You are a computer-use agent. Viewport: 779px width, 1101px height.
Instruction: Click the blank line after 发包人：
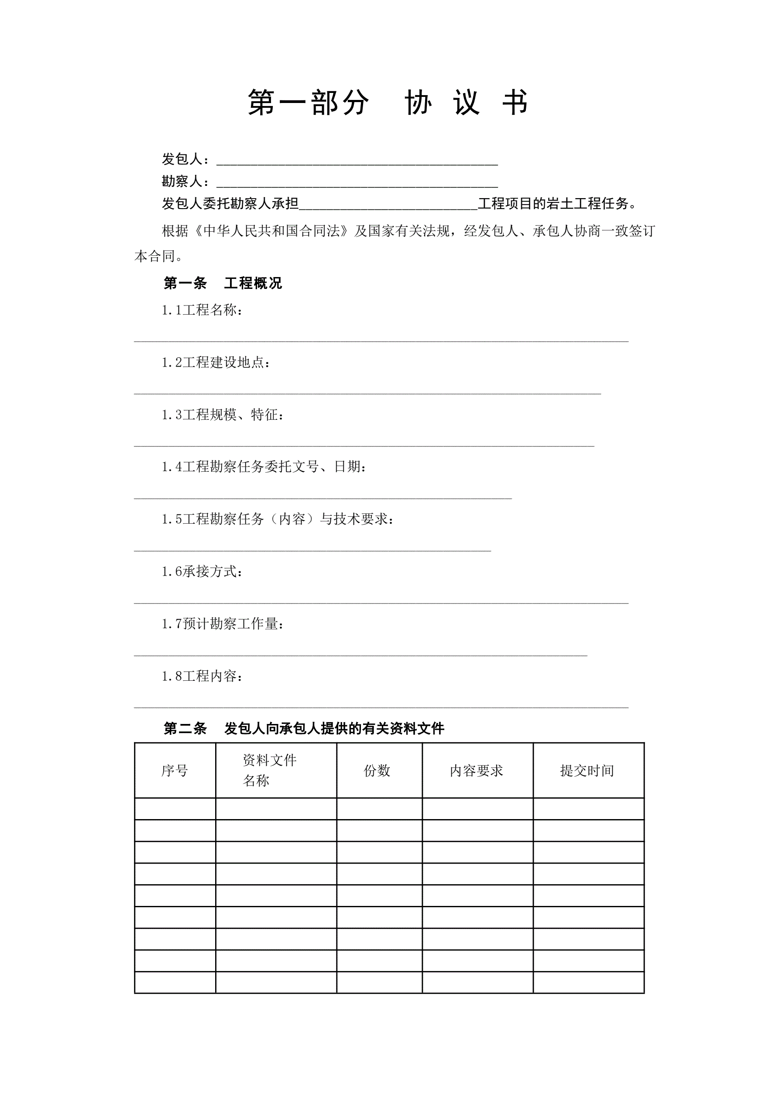click(357, 161)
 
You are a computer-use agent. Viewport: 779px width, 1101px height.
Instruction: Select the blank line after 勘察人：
click(357, 183)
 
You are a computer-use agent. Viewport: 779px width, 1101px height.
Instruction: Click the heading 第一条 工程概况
click(223, 283)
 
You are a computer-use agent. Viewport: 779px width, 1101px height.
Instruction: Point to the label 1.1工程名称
click(202, 310)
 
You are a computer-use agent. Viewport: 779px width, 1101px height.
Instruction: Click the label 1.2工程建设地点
click(216, 363)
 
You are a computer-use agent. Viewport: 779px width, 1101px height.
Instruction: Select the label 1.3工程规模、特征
click(223, 415)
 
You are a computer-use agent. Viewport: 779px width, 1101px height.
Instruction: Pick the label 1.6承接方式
click(202, 572)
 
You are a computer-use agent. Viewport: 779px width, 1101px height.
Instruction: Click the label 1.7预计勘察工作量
click(223, 624)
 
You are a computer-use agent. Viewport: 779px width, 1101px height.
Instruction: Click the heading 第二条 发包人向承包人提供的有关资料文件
click(304, 729)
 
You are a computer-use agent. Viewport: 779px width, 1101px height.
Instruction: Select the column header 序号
click(175, 771)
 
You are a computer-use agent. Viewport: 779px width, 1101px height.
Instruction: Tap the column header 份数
click(377, 771)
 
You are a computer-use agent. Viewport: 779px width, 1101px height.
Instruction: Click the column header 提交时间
click(587, 771)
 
